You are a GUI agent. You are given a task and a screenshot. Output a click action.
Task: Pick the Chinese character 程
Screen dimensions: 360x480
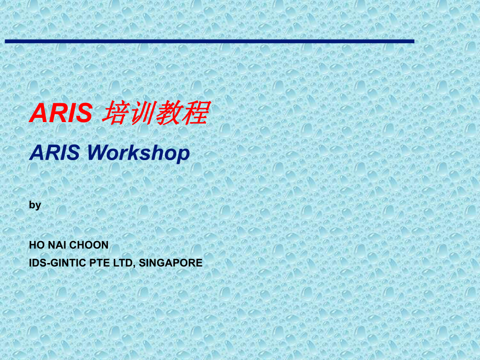coord(196,113)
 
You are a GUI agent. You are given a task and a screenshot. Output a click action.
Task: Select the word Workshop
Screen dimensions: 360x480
coord(138,152)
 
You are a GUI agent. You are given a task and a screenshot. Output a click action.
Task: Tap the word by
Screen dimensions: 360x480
coord(35,205)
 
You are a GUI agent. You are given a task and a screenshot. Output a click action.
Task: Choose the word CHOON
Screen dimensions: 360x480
coord(90,245)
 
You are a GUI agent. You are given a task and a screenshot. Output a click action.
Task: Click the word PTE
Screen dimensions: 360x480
coord(97,263)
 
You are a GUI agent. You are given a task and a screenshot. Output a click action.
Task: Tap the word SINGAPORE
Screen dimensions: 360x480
coord(171,263)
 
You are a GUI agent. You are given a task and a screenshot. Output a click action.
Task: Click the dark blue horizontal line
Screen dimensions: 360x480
coord(209,41)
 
